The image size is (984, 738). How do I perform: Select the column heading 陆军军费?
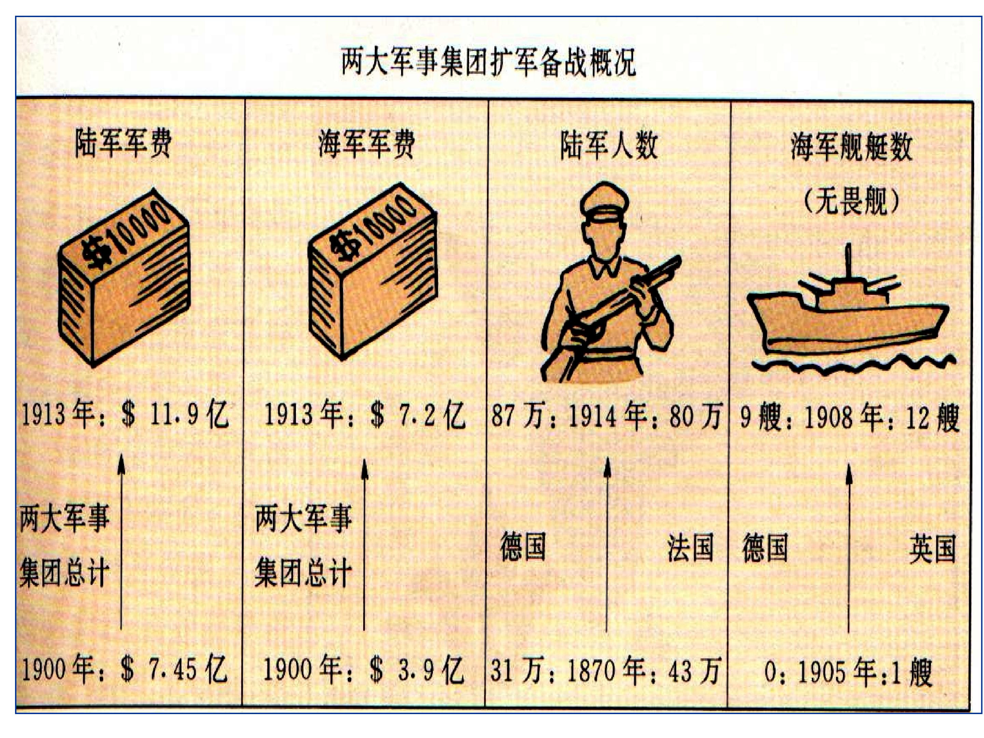click(123, 143)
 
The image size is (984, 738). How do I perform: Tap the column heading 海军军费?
click(367, 144)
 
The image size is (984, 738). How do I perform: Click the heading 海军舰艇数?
click(851, 146)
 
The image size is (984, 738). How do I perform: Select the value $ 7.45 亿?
click(174, 669)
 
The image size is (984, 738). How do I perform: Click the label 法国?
click(690, 548)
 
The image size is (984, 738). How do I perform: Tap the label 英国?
click(932, 548)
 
